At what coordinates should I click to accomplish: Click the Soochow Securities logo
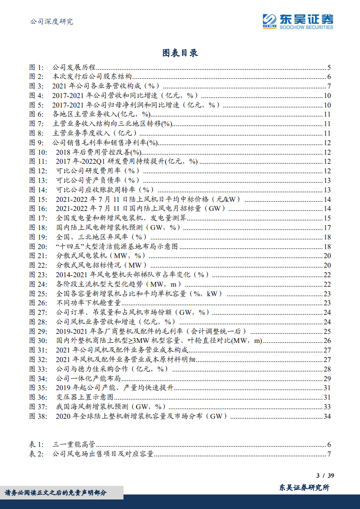(x=297, y=21)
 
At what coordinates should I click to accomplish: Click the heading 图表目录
(x=180, y=53)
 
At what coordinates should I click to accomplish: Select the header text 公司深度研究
(x=51, y=21)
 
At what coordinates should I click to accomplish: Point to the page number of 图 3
(x=329, y=86)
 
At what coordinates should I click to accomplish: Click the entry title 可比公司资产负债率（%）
(x=98, y=181)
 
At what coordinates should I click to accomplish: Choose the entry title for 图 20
(x=117, y=247)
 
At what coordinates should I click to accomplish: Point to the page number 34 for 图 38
(x=327, y=416)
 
